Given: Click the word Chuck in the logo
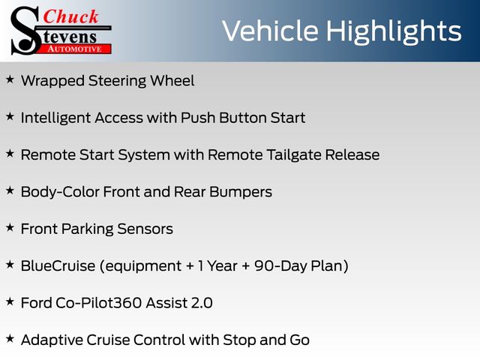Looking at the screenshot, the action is pyautogui.click(x=70, y=16).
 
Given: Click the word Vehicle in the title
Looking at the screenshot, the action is pyautogui.click(x=270, y=31).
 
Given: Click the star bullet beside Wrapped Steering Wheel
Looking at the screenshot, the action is pyautogui.click(x=10, y=79).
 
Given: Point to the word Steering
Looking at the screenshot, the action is pyautogui.click(x=117, y=82).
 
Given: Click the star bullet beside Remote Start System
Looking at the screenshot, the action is pyautogui.click(x=10, y=154).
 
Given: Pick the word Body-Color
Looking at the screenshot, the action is pyautogui.click(x=60, y=193).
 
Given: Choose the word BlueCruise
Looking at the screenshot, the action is pyautogui.click(x=58, y=265).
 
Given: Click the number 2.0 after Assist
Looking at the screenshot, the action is pyautogui.click(x=202, y=303).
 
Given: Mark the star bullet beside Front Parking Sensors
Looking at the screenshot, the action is pyautogui.click(x=10, y=228).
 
